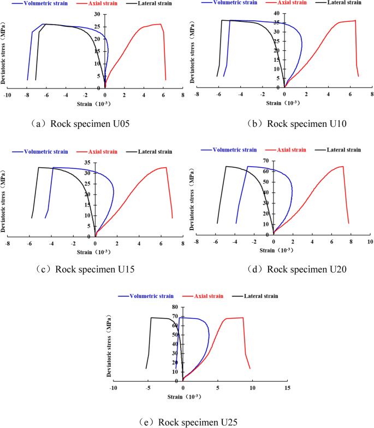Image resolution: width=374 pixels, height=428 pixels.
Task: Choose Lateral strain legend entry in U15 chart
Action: (x=149, y=151)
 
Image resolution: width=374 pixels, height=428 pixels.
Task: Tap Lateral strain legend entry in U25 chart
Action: (x=256, y=296)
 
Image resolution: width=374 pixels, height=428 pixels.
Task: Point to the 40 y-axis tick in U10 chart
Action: (x=277, y=13)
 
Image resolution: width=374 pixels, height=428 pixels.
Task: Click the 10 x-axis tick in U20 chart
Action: (x=369, y=241)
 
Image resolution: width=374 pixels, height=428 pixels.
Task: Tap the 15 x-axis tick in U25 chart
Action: (x=288, y=388)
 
